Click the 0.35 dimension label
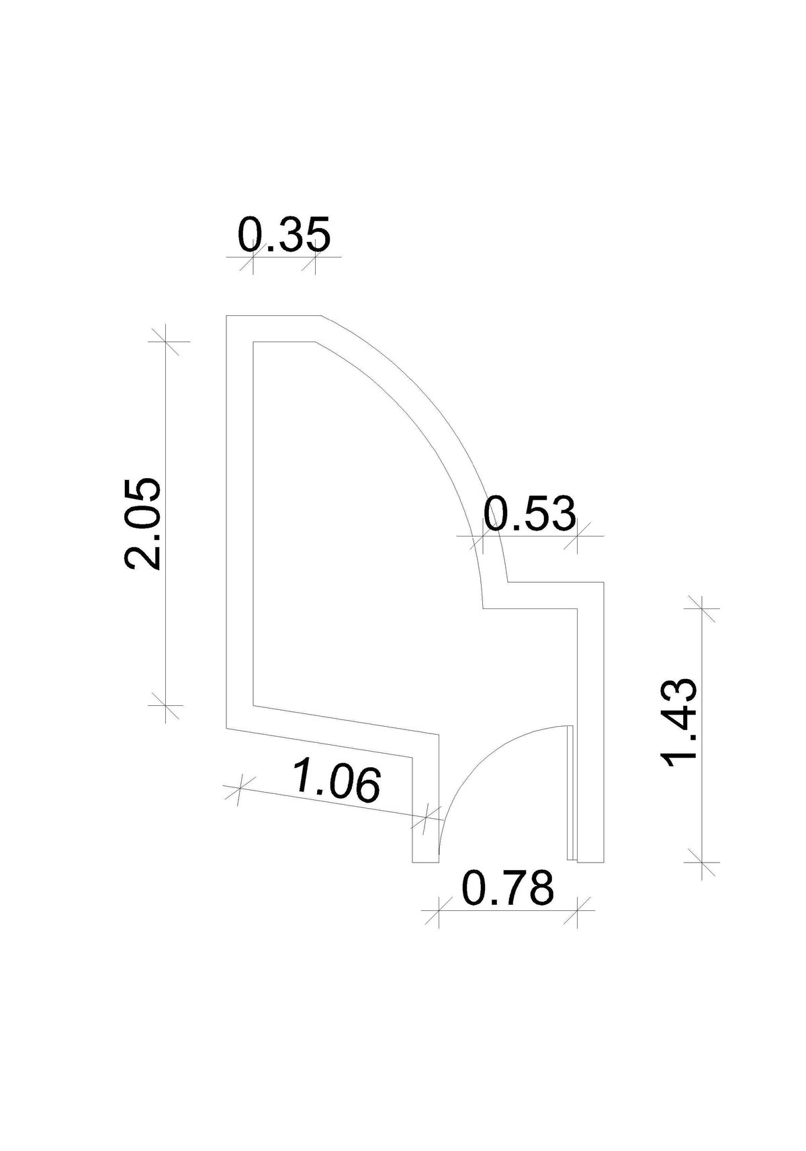tap(284, 235)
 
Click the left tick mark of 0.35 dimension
tap(253, 255)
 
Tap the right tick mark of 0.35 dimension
tap(315, 255)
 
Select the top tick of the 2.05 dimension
tap(165, 341)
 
